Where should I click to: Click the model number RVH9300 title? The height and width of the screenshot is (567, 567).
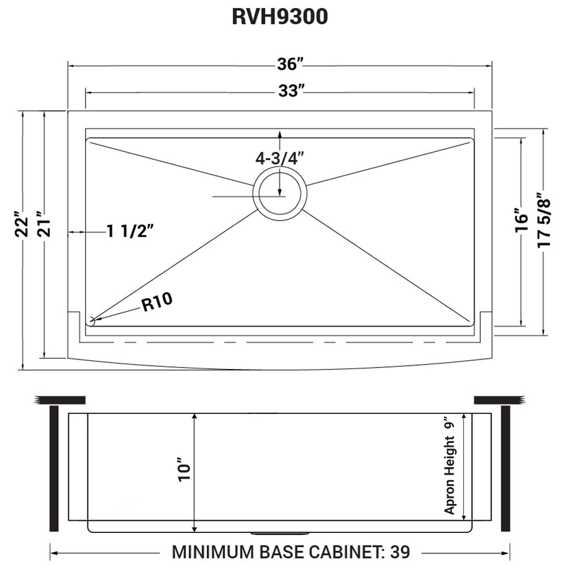point(280,16)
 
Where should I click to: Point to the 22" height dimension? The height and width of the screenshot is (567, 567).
point(21,225)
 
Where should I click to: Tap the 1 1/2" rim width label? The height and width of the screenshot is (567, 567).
point(130,231)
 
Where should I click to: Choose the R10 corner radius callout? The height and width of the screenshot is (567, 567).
point(156,303)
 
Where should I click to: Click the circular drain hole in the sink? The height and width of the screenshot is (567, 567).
point(280,196)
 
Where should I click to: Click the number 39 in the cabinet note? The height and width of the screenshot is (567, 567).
point(399,551)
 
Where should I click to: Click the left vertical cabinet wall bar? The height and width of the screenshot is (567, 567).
point(54,468)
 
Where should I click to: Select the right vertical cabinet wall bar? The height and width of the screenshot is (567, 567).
point(505,468)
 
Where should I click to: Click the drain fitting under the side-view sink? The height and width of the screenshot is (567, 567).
point(280,533)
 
